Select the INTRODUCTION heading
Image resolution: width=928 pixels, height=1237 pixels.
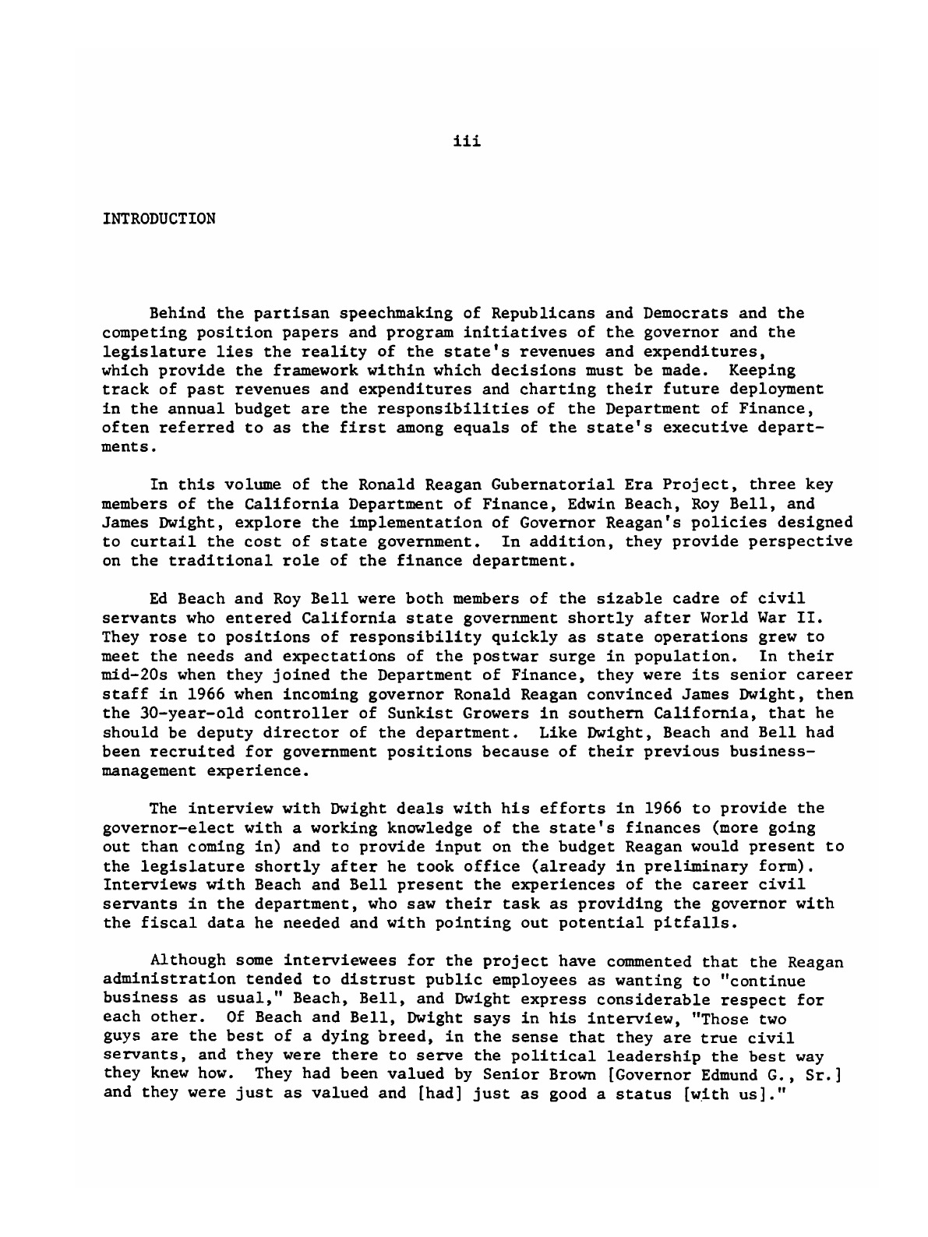[x=158, y=218]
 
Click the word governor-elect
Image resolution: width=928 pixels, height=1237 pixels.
[x=158, y=828]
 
